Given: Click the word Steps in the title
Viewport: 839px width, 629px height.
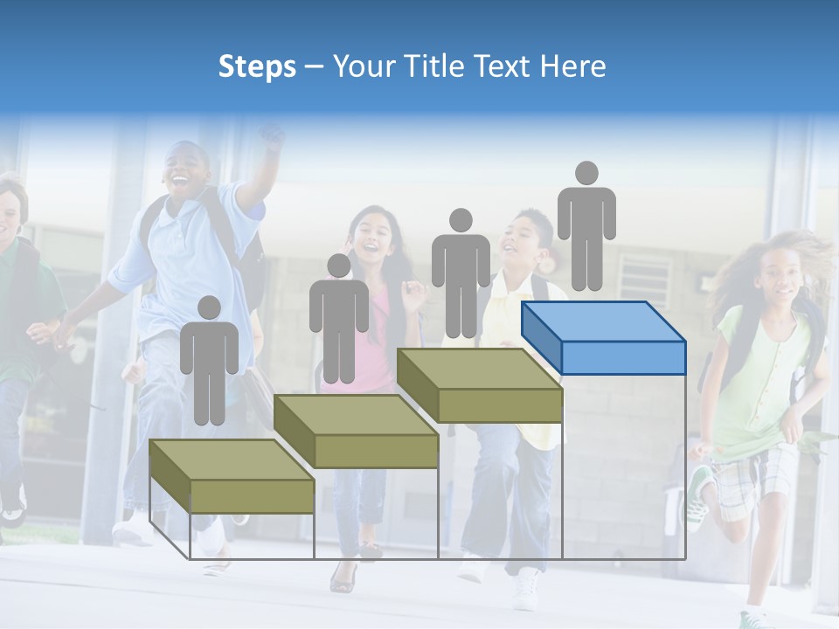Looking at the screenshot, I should pos(257,66).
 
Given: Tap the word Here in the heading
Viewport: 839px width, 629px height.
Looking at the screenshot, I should pos(572,66).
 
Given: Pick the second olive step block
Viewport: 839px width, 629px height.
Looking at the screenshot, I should pos(356,432).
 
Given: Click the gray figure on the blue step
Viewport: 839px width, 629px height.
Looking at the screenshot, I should pos(586,227).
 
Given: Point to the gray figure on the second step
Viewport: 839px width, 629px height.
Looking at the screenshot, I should pos(338,319).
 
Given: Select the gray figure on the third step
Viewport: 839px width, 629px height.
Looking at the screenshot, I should pos(461,273).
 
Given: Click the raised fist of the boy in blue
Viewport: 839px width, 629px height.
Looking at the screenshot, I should pos(273,137).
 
